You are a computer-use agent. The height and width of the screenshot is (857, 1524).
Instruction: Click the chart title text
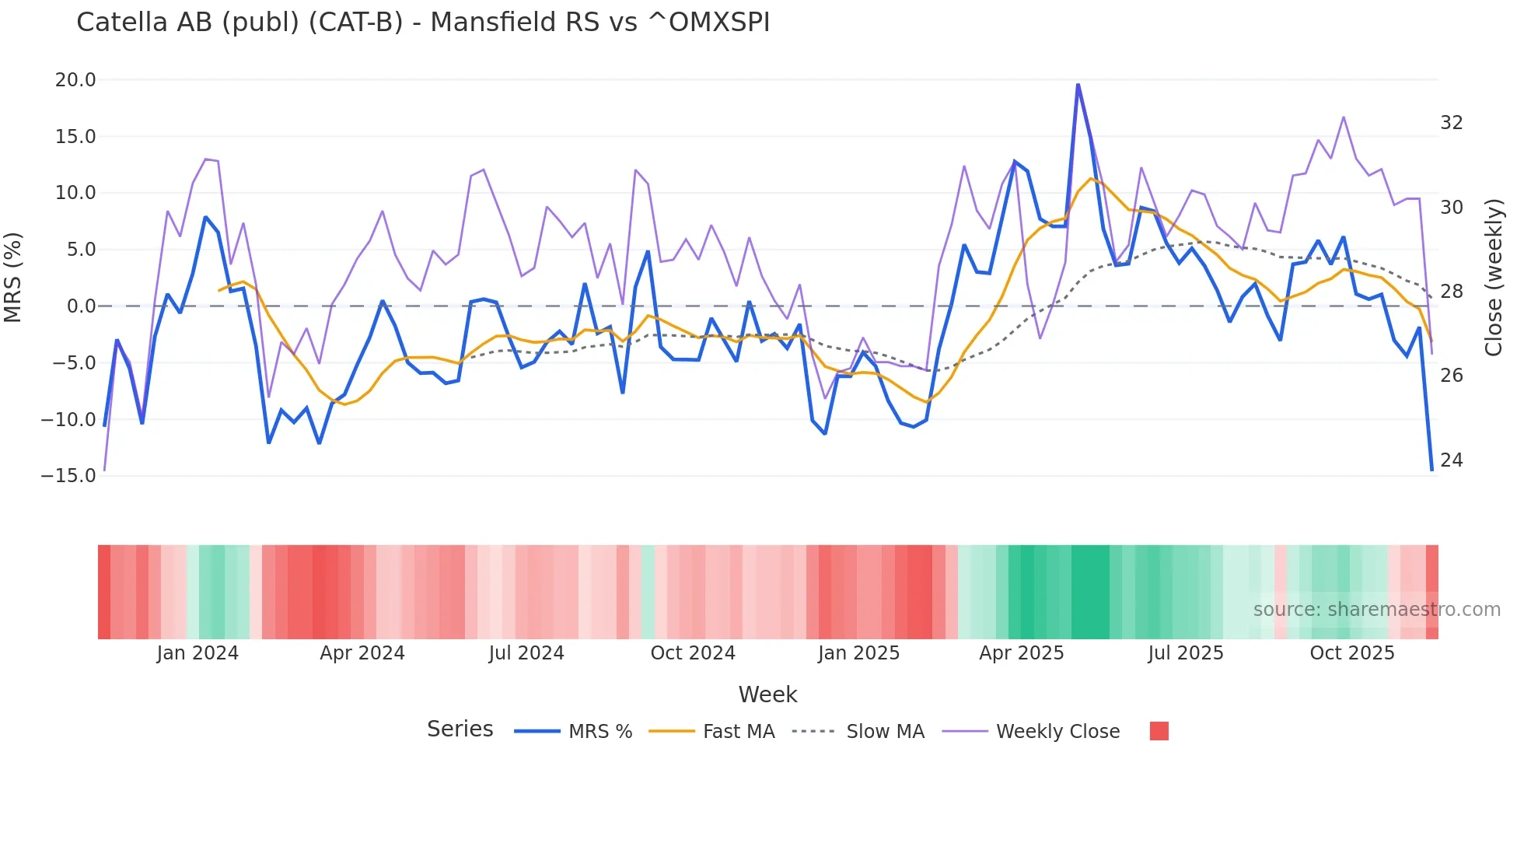pos(423,23)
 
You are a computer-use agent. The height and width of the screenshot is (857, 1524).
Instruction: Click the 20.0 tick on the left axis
pos(75,80)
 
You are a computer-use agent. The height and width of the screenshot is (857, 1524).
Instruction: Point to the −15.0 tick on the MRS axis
pos(68,475)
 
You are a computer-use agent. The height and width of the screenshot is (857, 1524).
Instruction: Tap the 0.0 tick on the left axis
pos(81,306)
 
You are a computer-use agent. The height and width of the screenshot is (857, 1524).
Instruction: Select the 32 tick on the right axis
pos(1451,123)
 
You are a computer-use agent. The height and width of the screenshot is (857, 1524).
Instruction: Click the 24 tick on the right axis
pos(1451,460)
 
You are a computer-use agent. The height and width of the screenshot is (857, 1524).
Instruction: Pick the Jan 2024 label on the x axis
pos(197,653)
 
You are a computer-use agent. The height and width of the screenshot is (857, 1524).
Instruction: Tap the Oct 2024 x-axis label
pos(693,653)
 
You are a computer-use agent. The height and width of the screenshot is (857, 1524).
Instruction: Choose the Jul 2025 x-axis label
pos(1186,653)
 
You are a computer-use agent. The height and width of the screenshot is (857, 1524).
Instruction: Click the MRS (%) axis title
pos(13,278)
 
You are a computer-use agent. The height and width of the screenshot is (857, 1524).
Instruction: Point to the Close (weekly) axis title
pos(1494,278)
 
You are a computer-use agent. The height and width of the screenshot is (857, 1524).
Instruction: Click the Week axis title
pos(767,694)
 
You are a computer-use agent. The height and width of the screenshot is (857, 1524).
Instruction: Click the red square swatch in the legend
pos(1159,731)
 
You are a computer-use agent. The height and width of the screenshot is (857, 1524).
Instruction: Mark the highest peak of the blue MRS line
pos(1078,85)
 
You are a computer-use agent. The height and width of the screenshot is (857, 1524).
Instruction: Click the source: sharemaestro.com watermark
pos(1376,610)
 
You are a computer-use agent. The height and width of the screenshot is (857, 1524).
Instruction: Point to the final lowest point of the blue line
pos(1431,470)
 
